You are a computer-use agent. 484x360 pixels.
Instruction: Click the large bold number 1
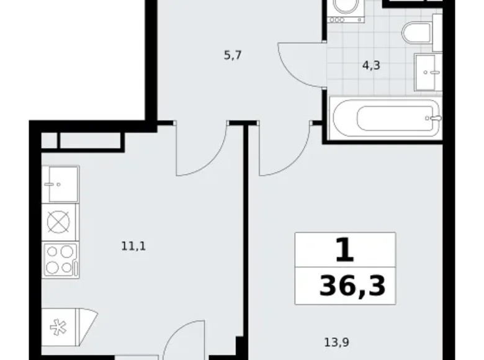click(x=345, y=251)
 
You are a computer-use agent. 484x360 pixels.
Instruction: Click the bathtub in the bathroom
click(x=385, y=117)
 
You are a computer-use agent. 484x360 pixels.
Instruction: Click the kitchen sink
click(x=60, y=184)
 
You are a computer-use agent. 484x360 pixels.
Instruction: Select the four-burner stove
click(x=60, y=259)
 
